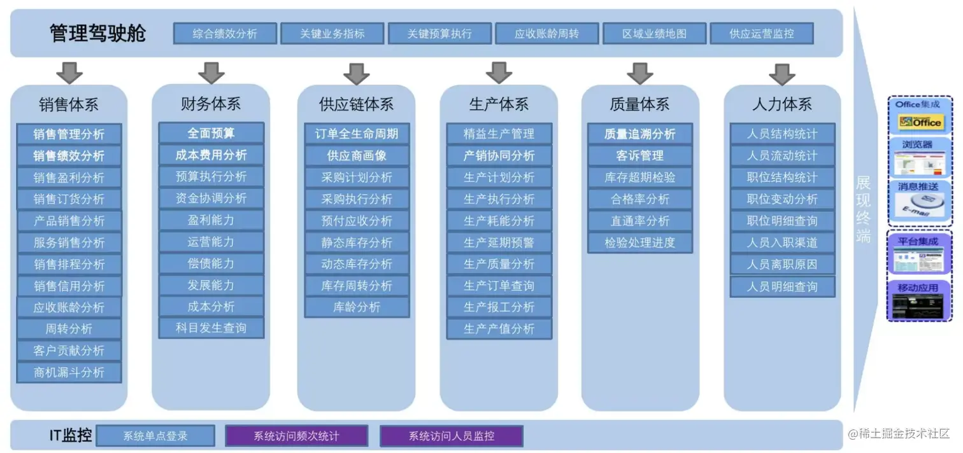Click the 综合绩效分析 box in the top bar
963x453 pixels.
point(225,34)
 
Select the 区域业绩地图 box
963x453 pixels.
point(654,34)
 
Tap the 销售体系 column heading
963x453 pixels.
point(69,104)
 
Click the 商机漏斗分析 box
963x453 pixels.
point(69,372)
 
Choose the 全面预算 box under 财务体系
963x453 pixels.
point(211,134)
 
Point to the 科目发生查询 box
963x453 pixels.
point(211,328)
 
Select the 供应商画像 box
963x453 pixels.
point(357,156)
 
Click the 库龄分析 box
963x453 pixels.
point(357,307)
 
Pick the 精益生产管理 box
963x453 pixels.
point(499,134)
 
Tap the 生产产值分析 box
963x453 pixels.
point(499,329)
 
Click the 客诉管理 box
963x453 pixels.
point(639,156)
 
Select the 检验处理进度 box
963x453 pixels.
point(639,242)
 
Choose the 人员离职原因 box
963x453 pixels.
point(782,264)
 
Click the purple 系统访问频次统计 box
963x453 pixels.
point(296,436)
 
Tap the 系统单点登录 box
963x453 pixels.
point(155,436)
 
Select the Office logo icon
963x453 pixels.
point(920,122)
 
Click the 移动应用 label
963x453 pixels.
point(918,288)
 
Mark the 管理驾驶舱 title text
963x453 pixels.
point(97,33)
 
